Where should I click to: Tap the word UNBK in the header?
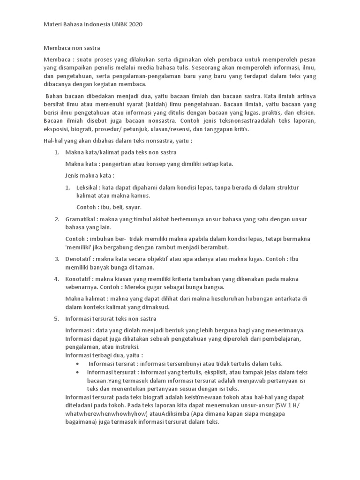tap(116, 24)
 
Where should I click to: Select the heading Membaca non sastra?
tap(72, 47)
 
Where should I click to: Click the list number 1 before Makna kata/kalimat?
tap(56, 152)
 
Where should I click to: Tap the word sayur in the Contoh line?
tap(132, 207)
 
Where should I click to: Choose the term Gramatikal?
tap(82, 219)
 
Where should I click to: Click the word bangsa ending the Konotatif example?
tap(213, 287)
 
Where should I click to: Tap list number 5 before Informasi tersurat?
tap(56, 319)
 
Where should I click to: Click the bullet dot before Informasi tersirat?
tap(77, 364)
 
